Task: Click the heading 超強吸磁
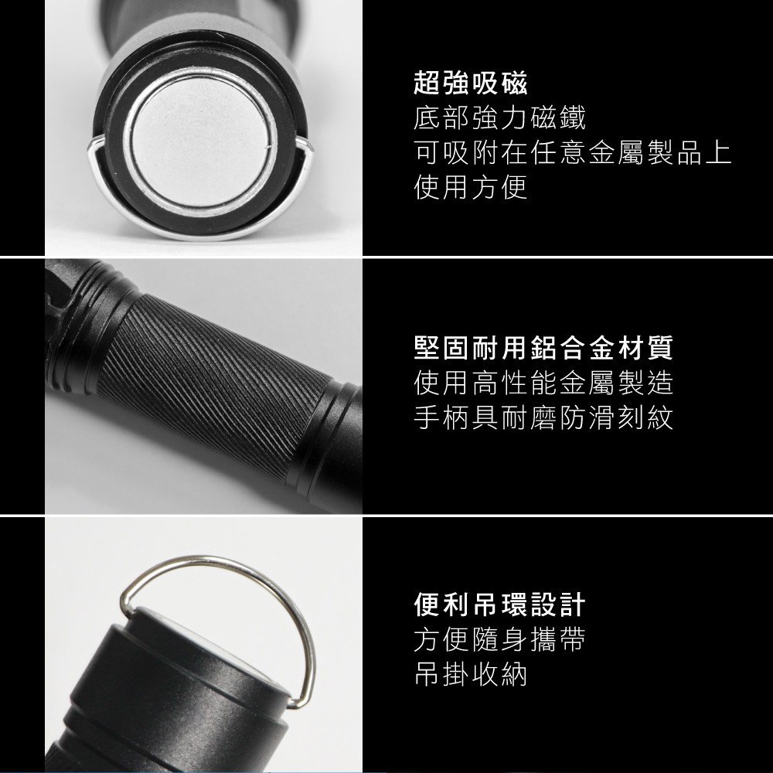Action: (470, 83)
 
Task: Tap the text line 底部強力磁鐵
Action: (499, 117)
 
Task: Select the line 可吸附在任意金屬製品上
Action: (572, 152)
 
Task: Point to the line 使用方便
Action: (470, 187)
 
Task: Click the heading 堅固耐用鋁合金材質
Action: (543, 348)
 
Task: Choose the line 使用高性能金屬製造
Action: (543, 383)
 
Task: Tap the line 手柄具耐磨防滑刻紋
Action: (543, 417)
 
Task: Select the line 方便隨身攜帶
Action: (499, 639)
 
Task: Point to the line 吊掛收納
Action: (470, 674)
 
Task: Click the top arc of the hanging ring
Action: (212, 563)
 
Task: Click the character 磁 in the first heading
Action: (514, 83)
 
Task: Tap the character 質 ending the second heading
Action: (660, 348)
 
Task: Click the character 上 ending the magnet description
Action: (718, 152)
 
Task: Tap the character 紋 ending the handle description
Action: (660, 417)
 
